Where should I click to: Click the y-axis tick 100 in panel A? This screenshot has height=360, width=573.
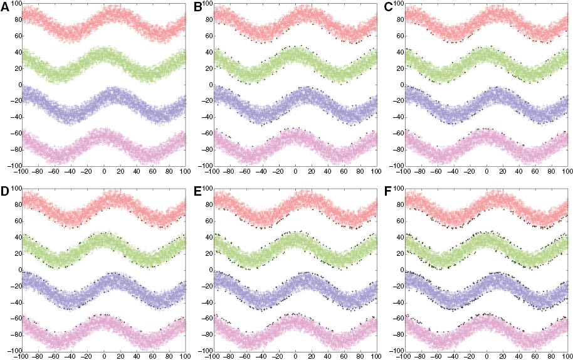(x=14, y=4)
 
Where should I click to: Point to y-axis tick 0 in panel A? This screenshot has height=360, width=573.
(x=18, y=85)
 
